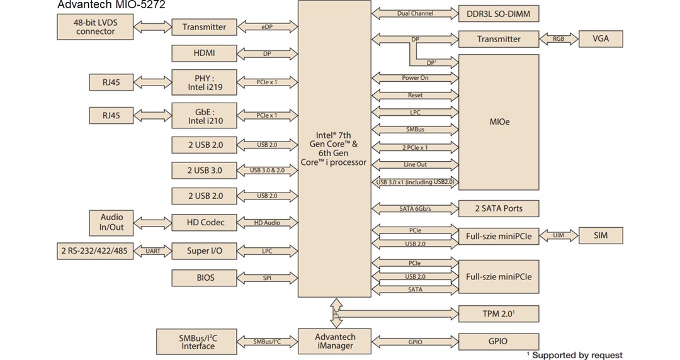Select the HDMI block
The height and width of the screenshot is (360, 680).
click(x=205, y=53)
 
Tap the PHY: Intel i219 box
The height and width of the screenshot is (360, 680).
click(x=205, y=82)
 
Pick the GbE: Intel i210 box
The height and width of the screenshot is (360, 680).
click(x=205, y=115)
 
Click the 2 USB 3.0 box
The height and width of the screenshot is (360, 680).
click(x=205, y=170)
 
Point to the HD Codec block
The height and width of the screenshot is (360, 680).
click(x=205, y=222)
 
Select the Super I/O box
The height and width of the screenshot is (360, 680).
click(x=205, y=251)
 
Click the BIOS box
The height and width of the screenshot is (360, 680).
click(x=205, y=278)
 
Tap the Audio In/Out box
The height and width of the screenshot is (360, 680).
click(x=112, y=222)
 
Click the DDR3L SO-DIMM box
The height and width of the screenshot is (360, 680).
click(x=498, y=13)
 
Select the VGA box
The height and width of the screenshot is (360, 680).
click(x=601, y=39)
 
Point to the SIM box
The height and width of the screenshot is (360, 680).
click(x=601, y=235)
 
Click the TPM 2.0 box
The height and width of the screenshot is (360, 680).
click(x=498, y=313)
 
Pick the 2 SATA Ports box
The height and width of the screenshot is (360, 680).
click(x=498, y=208)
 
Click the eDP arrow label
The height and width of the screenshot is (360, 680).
click(x=267, y=27)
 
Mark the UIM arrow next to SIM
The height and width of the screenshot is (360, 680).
click(x=558, y=235)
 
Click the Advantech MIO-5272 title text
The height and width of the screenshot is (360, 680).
click(x=111, y=6)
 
